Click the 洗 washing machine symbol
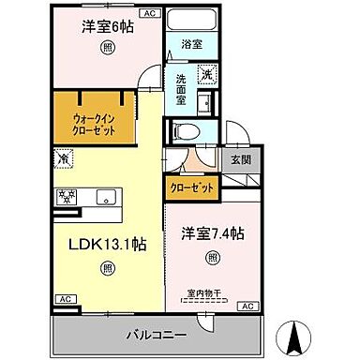207,75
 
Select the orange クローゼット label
191,188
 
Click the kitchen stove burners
67,196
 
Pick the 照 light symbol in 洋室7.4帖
213,256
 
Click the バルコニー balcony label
160,334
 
